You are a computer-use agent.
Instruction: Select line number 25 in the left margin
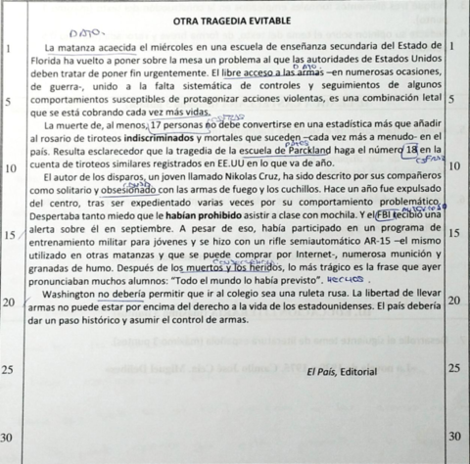8,369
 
